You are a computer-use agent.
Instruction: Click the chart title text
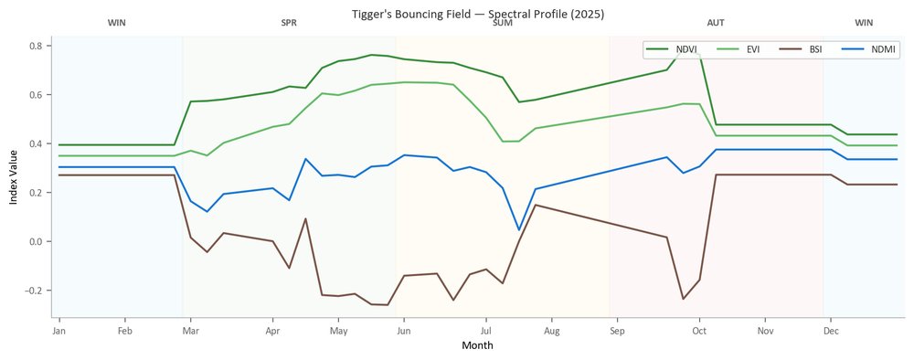click(478, 14)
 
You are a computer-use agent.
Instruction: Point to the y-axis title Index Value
click(14, 177)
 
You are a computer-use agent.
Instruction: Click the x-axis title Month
click(477, 345)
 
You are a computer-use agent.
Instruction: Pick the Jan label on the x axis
click(58, 332)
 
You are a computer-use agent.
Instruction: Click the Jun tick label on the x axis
click(404, 332)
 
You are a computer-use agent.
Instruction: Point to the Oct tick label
click(699, 332)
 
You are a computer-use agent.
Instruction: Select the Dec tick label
click(831, 332)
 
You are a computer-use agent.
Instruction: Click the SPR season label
click(289, 24)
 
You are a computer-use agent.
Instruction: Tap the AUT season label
click(716, 24)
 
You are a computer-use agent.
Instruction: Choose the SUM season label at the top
click(503, 24)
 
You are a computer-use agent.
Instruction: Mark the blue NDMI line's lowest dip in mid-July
click(519, 230)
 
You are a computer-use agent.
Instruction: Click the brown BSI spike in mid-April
click(306, 219)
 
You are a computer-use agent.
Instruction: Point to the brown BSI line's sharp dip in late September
click(683, 299)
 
